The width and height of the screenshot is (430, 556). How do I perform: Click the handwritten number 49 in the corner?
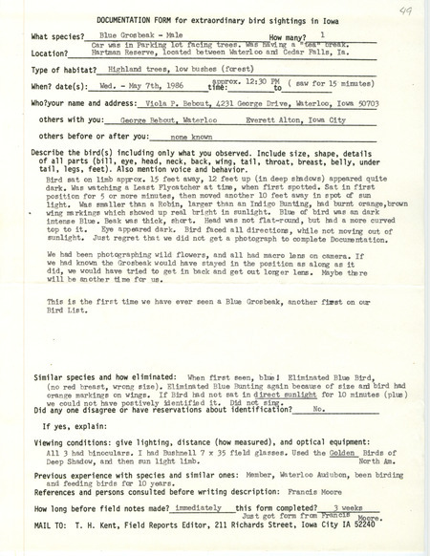point(396,10)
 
